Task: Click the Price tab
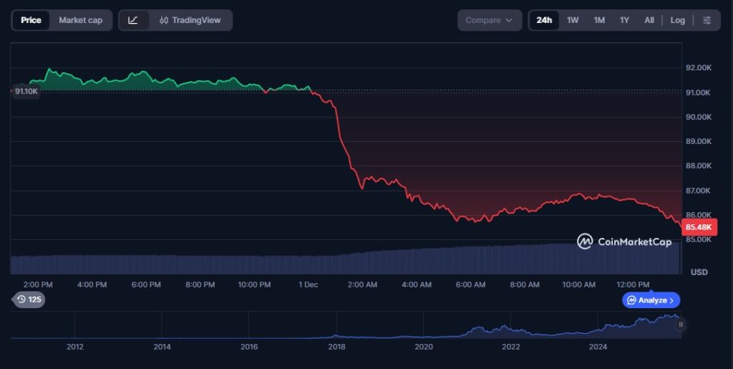31,20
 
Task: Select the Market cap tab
80,20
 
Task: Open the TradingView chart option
190,20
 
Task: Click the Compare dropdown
489,20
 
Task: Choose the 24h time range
544,20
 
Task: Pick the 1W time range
573,20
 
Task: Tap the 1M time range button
599,20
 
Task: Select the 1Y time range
624,20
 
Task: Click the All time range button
649,20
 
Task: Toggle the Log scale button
677,20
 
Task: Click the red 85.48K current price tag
699,227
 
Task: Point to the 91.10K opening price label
26,91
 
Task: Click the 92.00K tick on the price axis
698,67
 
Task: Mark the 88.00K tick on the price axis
698,166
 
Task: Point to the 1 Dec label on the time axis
308,284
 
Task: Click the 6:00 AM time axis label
470,284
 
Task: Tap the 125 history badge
29,299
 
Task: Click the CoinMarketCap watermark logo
624,241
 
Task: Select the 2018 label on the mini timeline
336,347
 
